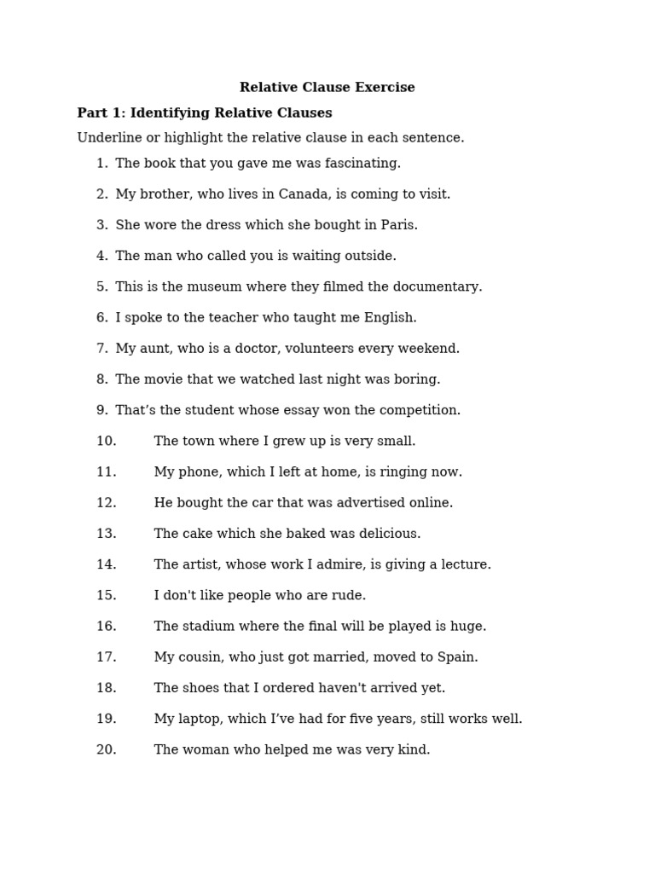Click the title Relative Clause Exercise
(x=327, y=88)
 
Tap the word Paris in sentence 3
(x=397, y=225)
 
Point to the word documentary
(x=442, y=287)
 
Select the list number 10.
(x=106, y=442)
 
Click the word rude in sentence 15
(x=350, y=596)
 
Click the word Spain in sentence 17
(x=458, y=657)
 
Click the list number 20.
(x=106, y=750)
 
